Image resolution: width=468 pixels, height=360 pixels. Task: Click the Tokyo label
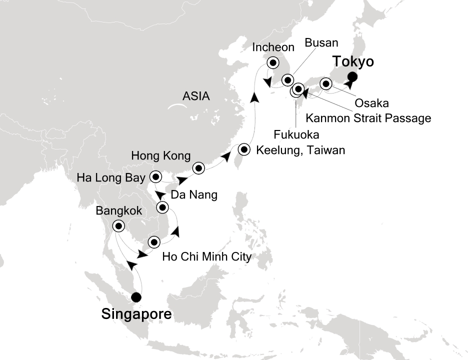[x=353, y=62]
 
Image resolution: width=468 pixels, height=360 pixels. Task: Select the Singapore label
[x=136, y=314]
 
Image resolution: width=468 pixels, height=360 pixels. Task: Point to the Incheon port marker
[x=273, y=63]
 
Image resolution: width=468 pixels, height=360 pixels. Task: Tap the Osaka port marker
[x=326, y=83]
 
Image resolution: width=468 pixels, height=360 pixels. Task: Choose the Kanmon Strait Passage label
[x=368, y=118]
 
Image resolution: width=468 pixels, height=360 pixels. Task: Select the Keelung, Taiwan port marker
[x=244, y=149]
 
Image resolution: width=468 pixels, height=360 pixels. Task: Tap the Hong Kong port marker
[x=198, y=168]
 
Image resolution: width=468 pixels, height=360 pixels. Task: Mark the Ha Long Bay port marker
[x=156, y=176]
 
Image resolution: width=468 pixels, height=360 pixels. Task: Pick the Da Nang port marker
[x=162, y=207]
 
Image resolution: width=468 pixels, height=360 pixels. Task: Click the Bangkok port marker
[x=118, y=226]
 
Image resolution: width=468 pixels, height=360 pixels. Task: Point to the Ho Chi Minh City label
[x=206, y=257]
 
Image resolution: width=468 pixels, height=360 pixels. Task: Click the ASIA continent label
[x=196, y=96]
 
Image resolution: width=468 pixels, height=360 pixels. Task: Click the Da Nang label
[x=194, y=195]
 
